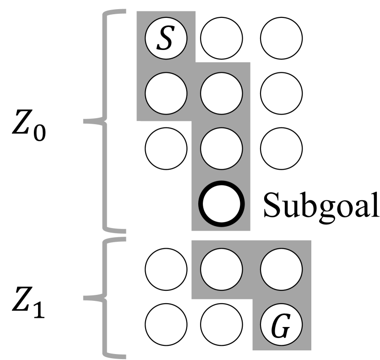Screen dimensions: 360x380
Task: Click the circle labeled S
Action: [x=166, y=38]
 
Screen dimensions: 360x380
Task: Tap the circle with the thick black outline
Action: [x=221, y=203]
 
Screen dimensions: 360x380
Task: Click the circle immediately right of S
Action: [x=221, y=38]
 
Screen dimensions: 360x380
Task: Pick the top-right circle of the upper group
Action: [x=281, y=38]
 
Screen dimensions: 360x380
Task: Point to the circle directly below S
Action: [x=166, y=93]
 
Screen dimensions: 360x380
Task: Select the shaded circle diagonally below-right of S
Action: [x=221, y=93]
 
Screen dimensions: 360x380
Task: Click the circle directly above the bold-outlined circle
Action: [x=221, y=148]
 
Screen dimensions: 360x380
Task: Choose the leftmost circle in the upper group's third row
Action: [x=166, y=148]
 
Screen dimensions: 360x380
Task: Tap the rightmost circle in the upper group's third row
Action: [x=281, y=148]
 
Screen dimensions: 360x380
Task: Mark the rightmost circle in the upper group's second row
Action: [x=281, y=93]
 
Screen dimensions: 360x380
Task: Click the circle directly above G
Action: [x=281, y=269]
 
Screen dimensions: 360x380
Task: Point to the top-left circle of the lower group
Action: [x=166, y=269]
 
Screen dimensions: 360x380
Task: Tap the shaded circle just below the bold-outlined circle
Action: [x=221, y=269]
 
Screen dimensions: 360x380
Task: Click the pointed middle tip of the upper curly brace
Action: [x=85, y=121]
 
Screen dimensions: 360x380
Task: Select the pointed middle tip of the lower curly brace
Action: [x=85, y=299]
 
